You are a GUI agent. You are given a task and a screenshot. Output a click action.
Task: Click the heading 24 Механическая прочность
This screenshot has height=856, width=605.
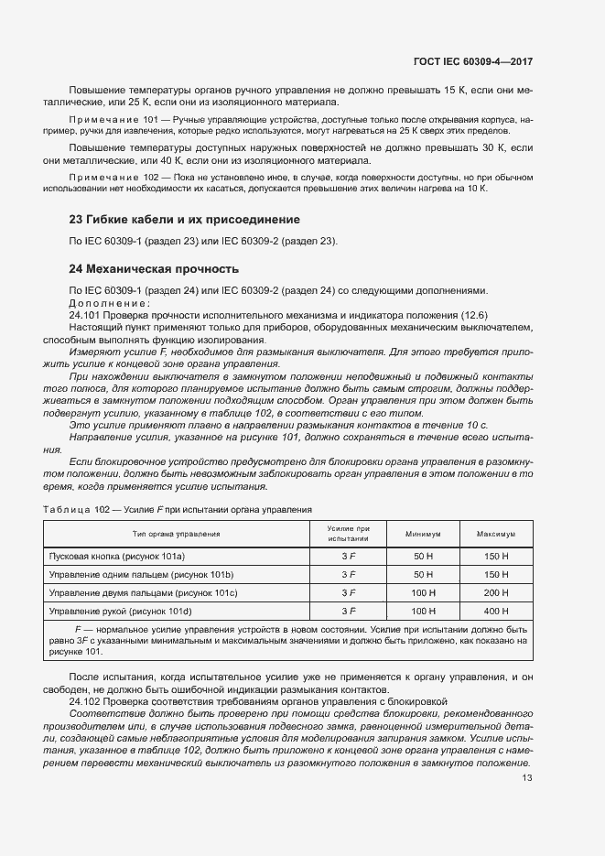(x=154, y=269)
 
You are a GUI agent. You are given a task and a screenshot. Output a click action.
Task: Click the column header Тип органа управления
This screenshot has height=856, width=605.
(x=176, y=533)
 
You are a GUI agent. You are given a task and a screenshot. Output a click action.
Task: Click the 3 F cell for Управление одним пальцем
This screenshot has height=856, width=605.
(x=348, y=574)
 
